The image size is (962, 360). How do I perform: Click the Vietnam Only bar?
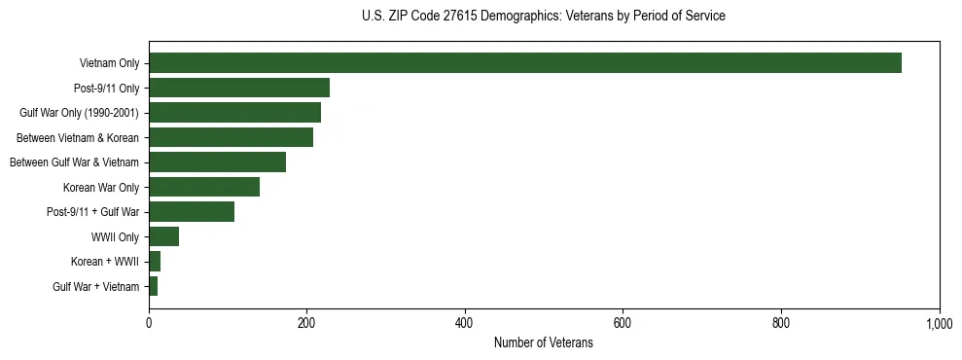[x=525, y=63]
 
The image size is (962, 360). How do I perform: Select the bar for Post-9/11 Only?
[x=239, y=88]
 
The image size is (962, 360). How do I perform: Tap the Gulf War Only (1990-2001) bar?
[x=234, y=113]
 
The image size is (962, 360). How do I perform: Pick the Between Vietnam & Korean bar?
[x=231, y=137]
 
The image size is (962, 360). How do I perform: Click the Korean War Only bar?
[x=204, y=187]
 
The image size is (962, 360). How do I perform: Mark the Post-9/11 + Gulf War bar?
[x=192, y=212]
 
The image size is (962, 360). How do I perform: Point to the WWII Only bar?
[x=163, y=236]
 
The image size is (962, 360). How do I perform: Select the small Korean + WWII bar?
[x=155, y=262]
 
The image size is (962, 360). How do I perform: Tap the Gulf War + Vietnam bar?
[x=153, y=286]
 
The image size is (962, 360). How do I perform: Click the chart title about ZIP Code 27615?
[x=543, y=17]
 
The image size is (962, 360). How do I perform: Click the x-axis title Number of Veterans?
[x=543, y=342]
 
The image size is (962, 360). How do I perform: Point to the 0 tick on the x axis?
[x=149, y=323]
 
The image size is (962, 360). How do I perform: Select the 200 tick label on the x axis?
[x=306, y=323]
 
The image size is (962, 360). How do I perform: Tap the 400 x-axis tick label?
[x=465, y=323]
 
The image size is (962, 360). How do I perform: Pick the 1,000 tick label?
[x=939, y=323]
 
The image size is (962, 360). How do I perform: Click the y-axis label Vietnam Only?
[x=109, y=63]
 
